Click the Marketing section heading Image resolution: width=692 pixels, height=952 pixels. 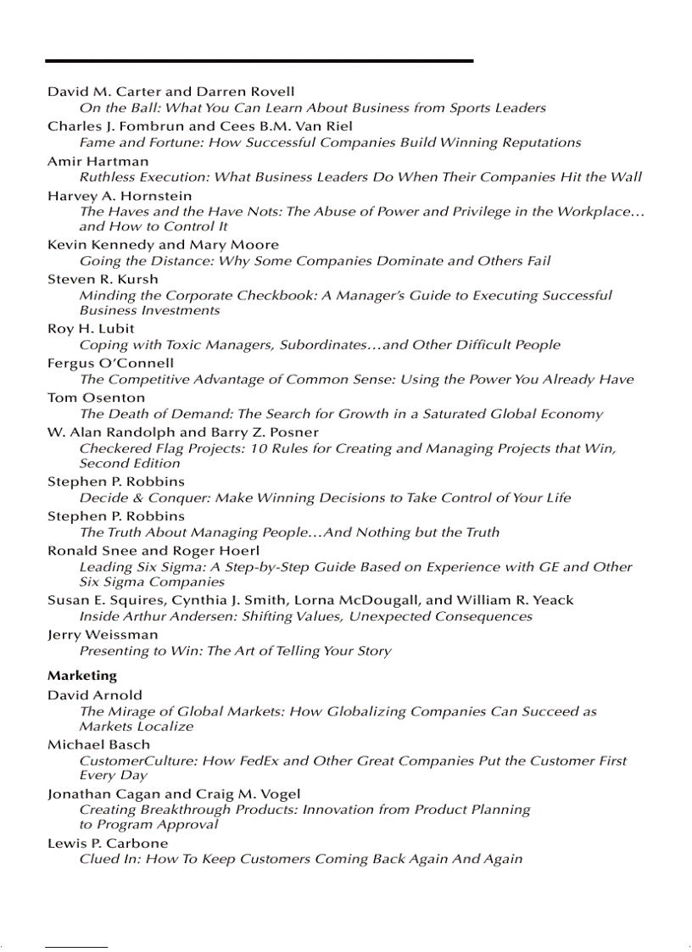(x=82, y=676)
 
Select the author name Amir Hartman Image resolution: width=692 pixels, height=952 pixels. (x=98, y=161)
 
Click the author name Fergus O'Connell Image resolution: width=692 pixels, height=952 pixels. (x=110, y=363)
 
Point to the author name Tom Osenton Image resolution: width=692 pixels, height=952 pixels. (x=96, y=398)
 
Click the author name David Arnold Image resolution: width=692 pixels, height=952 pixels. (x=95, y=695)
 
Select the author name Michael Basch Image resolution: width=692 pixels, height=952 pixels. (x=98, y=744)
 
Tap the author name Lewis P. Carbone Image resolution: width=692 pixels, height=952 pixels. (x=108, y=843)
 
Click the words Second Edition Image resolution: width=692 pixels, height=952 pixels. (x=130, y=463)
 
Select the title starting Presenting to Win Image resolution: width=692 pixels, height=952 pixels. (x=235, y=651)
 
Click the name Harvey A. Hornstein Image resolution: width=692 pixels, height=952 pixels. (x=120, y=196)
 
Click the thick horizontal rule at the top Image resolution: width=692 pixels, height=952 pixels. (x=259, y=61)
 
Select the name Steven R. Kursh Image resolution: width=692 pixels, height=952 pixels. (x=103, y=279)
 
